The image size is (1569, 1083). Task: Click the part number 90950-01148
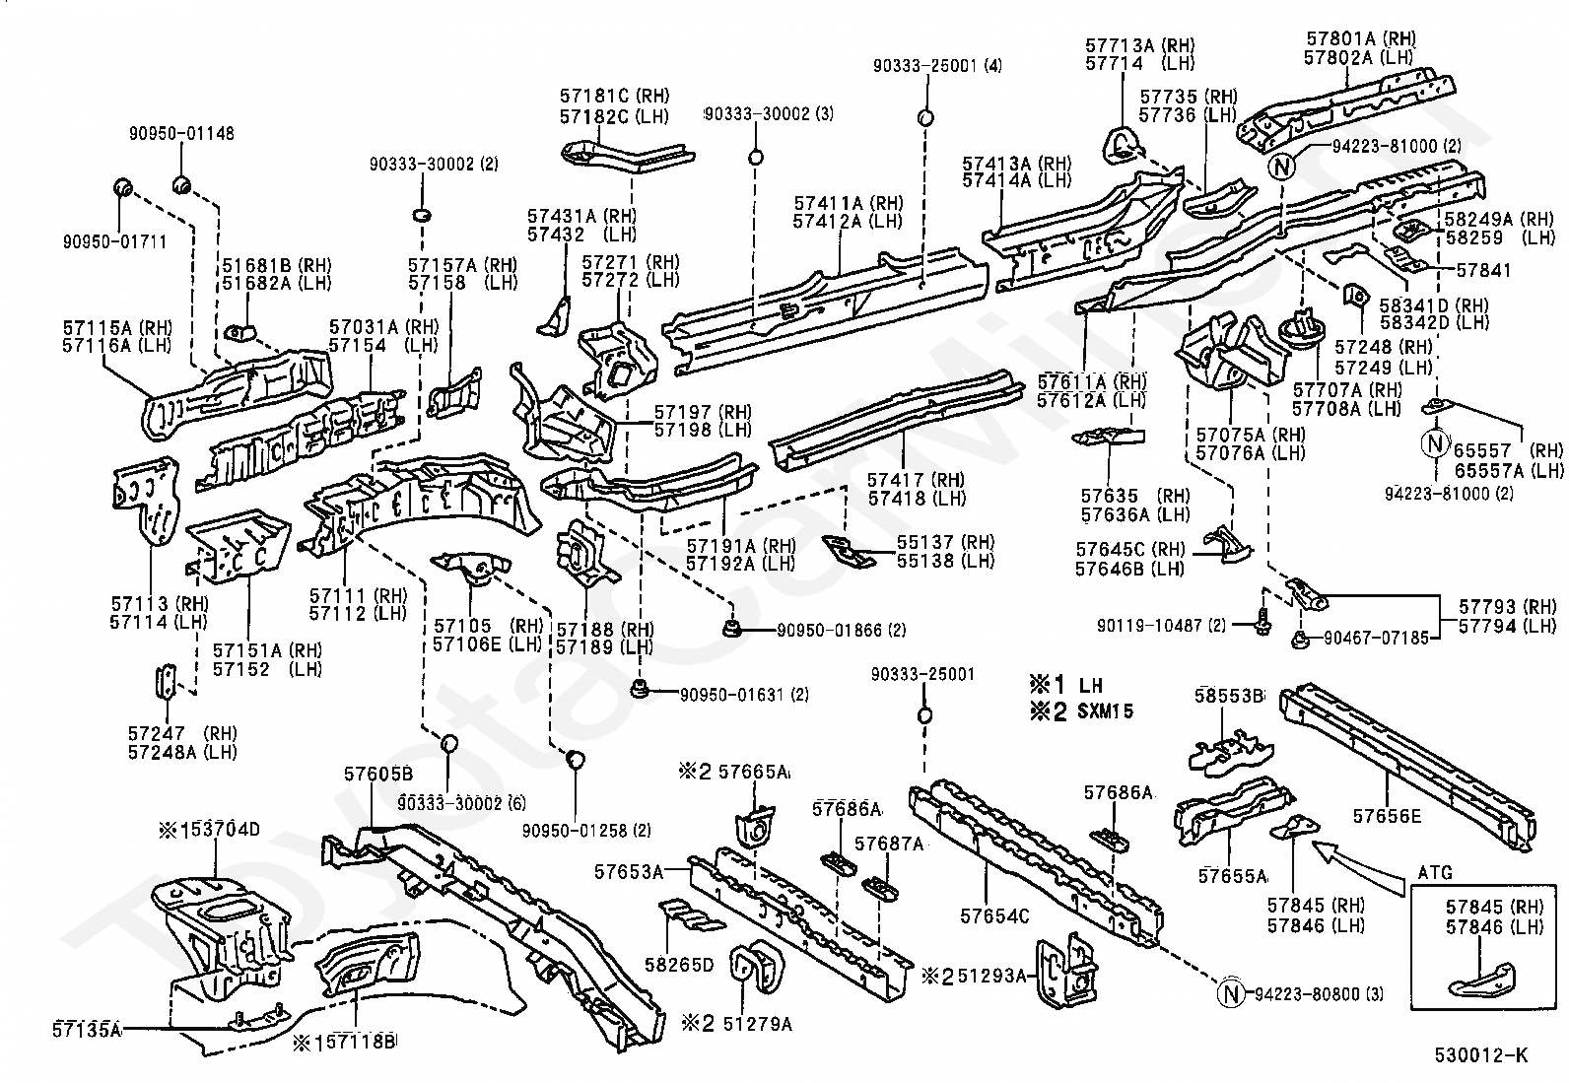pyautogui.click(x=181, y=133)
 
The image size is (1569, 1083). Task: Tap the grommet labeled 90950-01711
pyautogui.click(x=123, y=188)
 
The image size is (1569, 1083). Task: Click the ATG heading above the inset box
pyautogui.click(x=1435, y=873)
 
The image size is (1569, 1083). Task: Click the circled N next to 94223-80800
pyautogui.click(x=1231, y=993)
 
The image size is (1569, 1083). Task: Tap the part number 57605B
pyautogui.click(x=378, y=774)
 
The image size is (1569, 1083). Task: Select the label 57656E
pyautogui.click(x=1387, y=816)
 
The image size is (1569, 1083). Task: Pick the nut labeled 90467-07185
pyautogui.click(x=1299, y=639)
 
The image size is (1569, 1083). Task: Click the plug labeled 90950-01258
pyautogui.click(x=575, y=759)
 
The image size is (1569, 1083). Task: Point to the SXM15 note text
pyautogui.click(x=1105, y=711)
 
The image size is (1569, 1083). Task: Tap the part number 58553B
pyautogui.click(x=1229, y=696)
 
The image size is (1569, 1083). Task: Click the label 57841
pyautogui.click(x=1483, y=270)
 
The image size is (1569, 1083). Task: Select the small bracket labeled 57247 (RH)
pyautogui.click(x=166, y=682)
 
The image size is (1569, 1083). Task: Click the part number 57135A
pyautogui.click(x=87, y=1029)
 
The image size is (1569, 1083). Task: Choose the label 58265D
pyautogui.click(x=679, y=965)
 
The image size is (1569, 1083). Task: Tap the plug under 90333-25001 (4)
pyautogui.click(x=925, y=117)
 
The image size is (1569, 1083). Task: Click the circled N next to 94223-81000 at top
pyautogui.click(x=1282, y=167)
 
